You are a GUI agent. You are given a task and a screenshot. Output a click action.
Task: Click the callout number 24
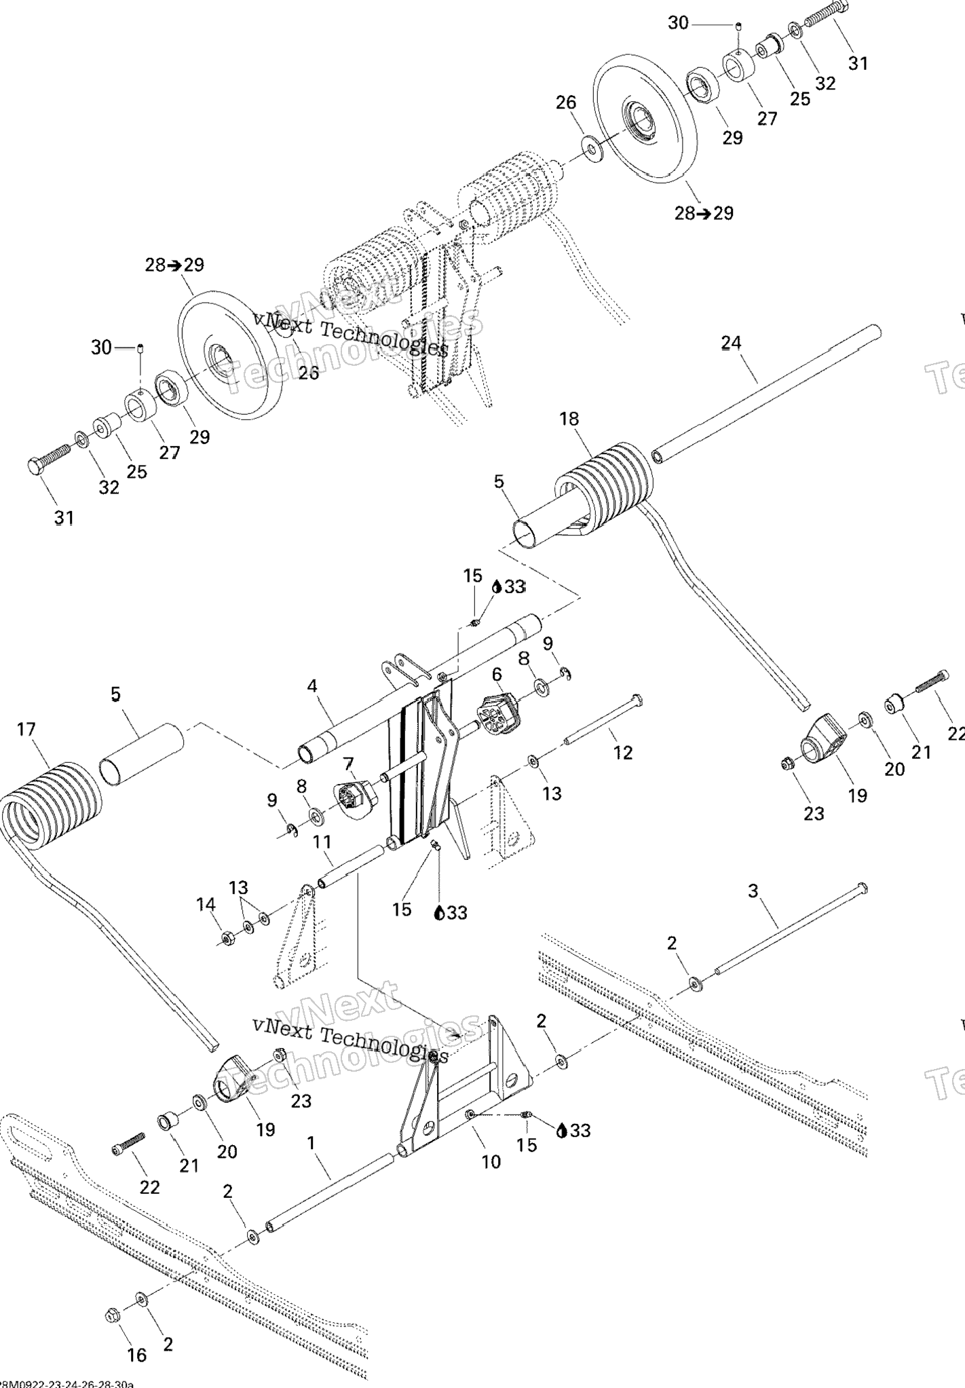(731, 343)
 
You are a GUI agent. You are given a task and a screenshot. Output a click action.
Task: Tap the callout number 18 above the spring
(569, 419)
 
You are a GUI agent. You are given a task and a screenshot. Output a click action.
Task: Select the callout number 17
(26, 730)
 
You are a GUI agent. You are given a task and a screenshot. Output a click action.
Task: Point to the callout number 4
(311, 686)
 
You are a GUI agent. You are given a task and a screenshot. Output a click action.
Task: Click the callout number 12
(622, 752)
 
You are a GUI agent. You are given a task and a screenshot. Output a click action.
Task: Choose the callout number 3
(753, 890)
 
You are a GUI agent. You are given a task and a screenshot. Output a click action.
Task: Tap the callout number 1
(311, 1143)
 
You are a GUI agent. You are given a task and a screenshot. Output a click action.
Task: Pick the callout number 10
(491, 1161)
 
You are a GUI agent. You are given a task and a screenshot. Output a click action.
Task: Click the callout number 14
(206, 904)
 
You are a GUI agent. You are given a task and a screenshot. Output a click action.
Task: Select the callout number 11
(322, 842)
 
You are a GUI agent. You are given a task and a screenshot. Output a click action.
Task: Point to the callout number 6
(497, 674)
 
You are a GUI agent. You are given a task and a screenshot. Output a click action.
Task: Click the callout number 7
(349, 764)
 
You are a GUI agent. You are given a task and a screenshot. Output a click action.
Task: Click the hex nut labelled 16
(112, 1315)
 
